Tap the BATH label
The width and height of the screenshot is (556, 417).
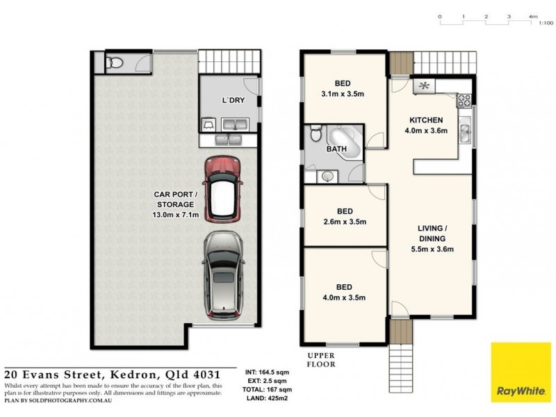point(336,149)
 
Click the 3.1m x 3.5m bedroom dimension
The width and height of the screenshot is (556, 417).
point(343,94)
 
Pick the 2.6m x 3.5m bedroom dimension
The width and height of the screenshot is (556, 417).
point(343,222)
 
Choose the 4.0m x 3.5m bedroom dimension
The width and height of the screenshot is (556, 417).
point(343,297)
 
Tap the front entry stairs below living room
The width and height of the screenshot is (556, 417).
point(401,347)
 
